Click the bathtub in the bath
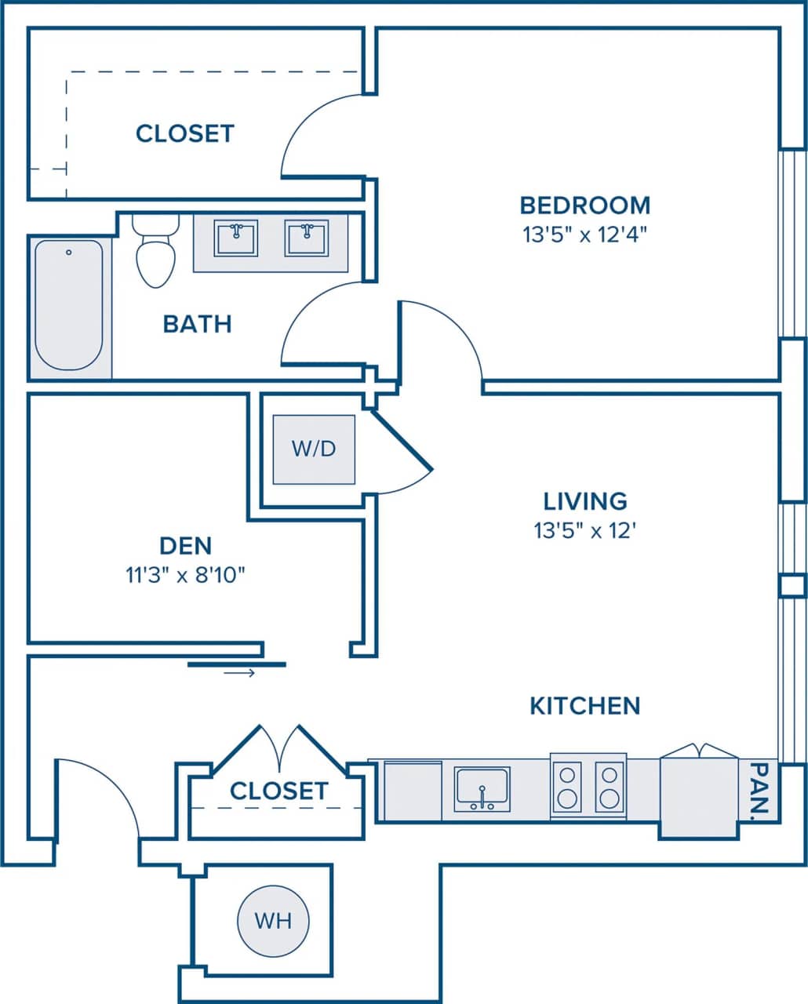click(69, 306)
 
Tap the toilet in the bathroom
click(155, 252)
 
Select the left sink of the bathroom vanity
click(235, 239)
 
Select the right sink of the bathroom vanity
click(307, 239)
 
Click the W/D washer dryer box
click(314, 449)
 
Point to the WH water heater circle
click(273, 921)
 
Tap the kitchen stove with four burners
click(588, 787)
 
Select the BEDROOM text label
click(585, 206)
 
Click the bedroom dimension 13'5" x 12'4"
click(585, 235)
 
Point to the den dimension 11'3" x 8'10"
click(186, 576)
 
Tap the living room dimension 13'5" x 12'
click(585, 531)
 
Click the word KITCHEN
click(585, 706)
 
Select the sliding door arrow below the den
click(239, 673)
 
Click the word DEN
click(186, 546)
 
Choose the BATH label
click(197, 324)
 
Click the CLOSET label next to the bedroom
click(185, 133)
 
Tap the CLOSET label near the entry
click(279, 791)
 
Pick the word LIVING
click(585, 501)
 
